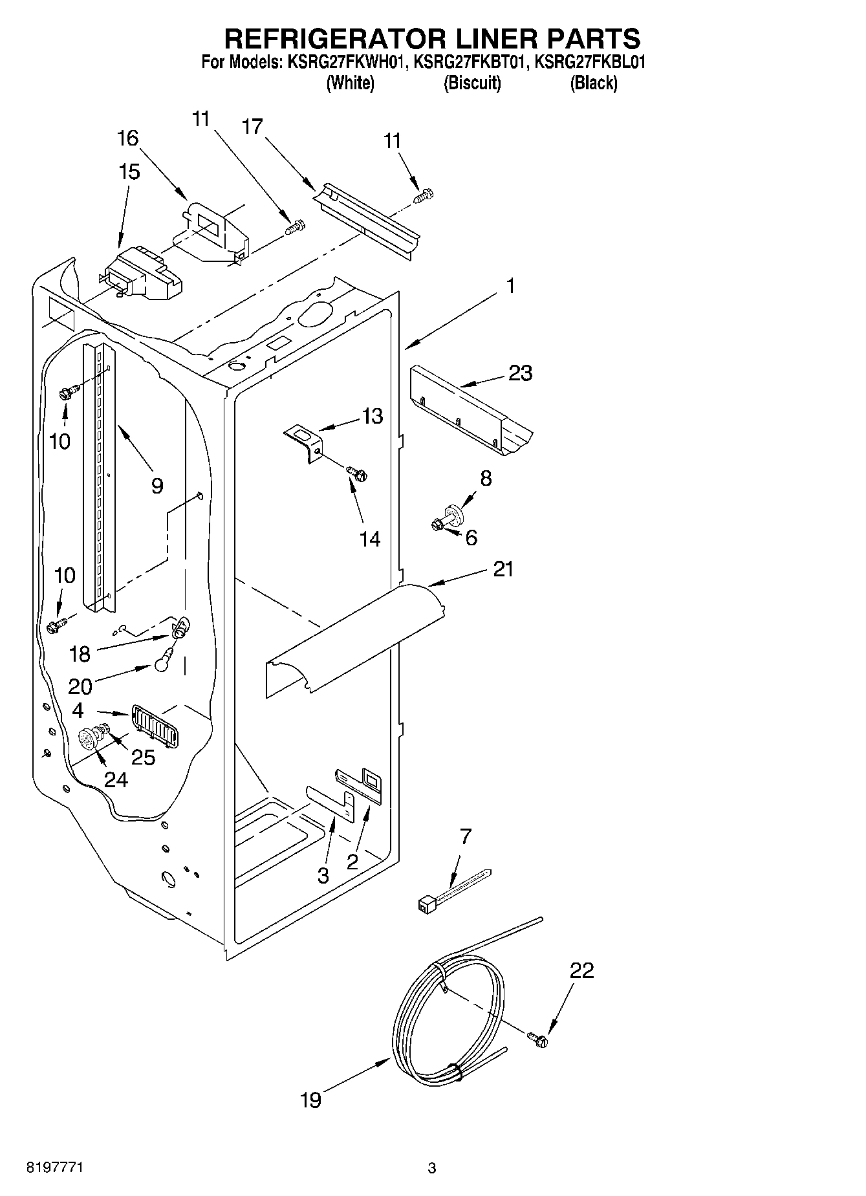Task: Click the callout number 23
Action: [521, 373]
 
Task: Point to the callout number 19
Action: [311, 1100]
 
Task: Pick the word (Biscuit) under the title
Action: [472, 83]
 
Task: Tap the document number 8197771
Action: [54, 1168]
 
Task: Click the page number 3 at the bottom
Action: [432, 1168]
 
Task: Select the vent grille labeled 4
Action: [155, 726]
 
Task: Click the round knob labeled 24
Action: [87, 739]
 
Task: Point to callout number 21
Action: [503, 569]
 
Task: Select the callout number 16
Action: [128, 138]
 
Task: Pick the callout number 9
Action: [157, 486]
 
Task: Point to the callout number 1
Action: [511, 285]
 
